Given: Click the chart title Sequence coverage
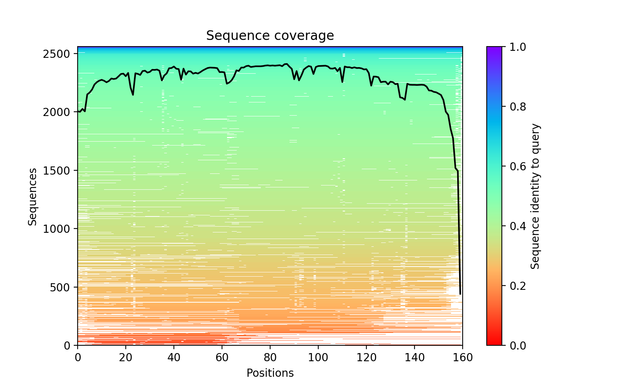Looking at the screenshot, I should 270,36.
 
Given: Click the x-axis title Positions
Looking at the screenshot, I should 270,373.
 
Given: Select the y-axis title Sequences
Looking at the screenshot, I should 33,196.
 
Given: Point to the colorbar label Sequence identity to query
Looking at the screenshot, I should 535,196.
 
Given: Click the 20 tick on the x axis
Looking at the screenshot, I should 126,357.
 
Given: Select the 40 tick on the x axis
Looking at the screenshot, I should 174,357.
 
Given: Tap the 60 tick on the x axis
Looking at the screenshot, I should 222,357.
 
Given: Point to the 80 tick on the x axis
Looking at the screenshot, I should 270,357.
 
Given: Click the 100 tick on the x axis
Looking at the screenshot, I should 318,357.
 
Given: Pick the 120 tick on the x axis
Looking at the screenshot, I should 366,357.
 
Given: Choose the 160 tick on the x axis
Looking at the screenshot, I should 463,357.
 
